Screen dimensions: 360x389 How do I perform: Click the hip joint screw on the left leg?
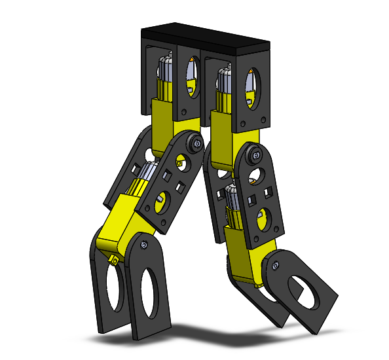tap(195, 144)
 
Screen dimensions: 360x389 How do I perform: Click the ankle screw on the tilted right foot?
tap(274, 265)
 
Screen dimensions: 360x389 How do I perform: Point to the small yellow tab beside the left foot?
tap(113, 260)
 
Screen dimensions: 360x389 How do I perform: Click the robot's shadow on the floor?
tap(216, 331)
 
